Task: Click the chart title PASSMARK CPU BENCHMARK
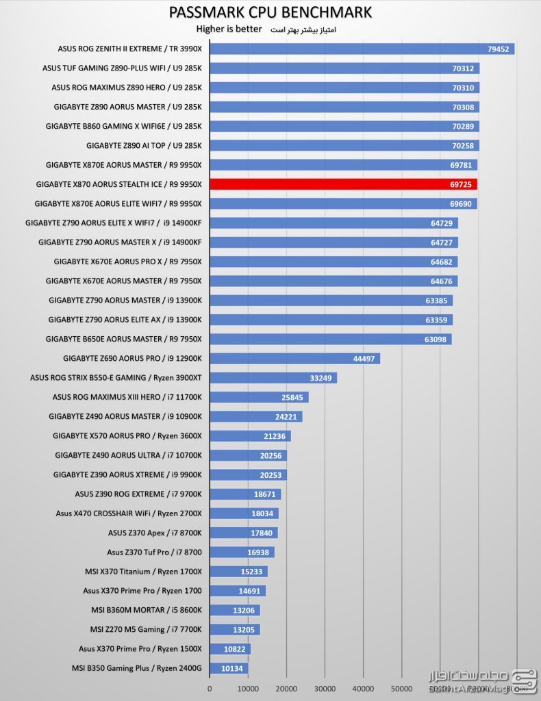(270, 12)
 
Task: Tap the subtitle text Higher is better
(229, 29)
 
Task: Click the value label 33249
(323, 378)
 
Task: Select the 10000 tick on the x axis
(248, 689)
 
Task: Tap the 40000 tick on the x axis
(363, 689)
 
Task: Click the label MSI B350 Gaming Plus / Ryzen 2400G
(136, 668)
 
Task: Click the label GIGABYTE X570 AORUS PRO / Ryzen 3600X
(127, 435)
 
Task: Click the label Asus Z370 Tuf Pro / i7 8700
(154, 552)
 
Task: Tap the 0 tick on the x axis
(210, 689)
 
